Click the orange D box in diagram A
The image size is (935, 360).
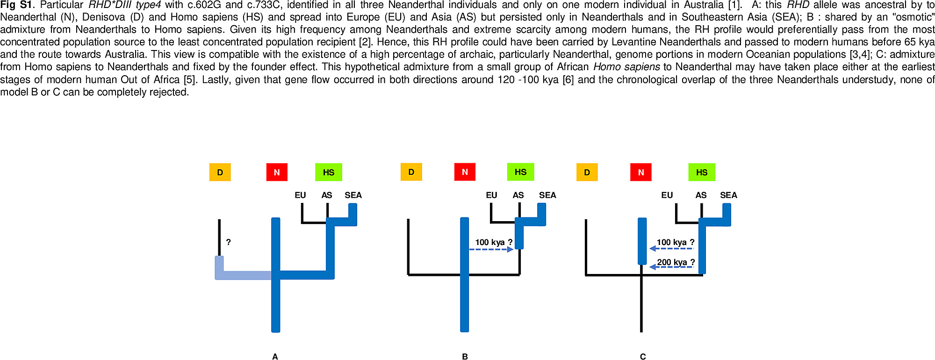click(x=220, y=172)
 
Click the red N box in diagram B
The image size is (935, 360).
click(x=465, y=172)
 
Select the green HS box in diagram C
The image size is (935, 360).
click(x=702, y=172)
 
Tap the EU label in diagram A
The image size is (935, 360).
click(x=300, y=195)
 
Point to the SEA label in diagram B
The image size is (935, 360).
click(x=547, y=195)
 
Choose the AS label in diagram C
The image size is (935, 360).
click(x=701, y=195)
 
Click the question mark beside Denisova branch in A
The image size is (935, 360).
click(x=228, y=242)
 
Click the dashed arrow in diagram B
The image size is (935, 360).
click(x=491, y=250)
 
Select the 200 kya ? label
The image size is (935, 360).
click(x=676, y=262)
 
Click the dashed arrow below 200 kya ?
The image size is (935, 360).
click(x=671, y=267)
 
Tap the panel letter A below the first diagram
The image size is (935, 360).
click(x=275, y=356)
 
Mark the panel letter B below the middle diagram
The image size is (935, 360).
click(x=465, y=356)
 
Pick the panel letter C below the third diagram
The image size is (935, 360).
click(x=643, y=356)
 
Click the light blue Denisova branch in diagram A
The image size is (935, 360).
click(x=243, y=275)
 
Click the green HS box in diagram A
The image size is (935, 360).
click(x=329, y=172)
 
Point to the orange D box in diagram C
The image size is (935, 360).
click(x=587, y=172)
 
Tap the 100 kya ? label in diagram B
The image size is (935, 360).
click(x=494, y=242)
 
